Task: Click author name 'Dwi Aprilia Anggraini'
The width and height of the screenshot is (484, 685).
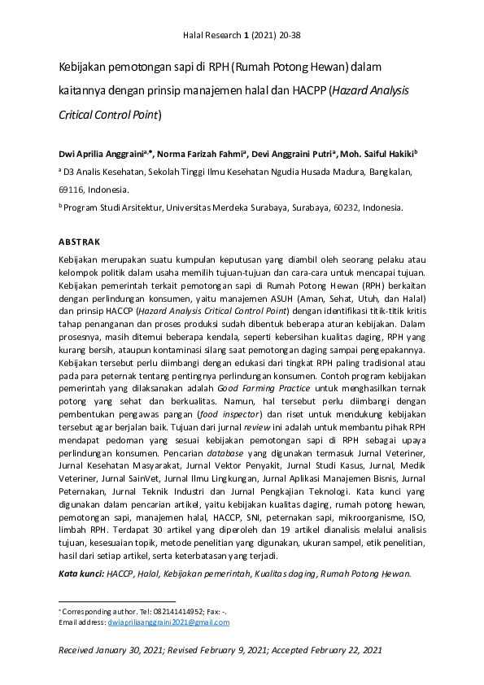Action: pyautogui.click(x=107, y=152)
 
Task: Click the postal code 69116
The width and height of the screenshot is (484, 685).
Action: pyautogui.click(x=72, y=190)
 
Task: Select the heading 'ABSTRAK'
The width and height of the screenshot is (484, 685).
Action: pyautogui.click(x=79, y=242)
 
